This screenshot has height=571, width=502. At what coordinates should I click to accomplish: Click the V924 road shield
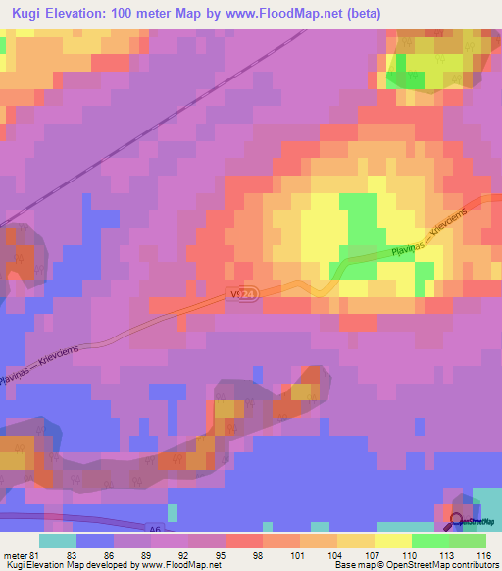[246, 293]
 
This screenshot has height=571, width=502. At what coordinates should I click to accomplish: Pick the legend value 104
[320, 554]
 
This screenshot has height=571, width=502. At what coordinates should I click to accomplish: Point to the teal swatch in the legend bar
[58, 541]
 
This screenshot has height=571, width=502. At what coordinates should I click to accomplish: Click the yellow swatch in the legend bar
[392, 541]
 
